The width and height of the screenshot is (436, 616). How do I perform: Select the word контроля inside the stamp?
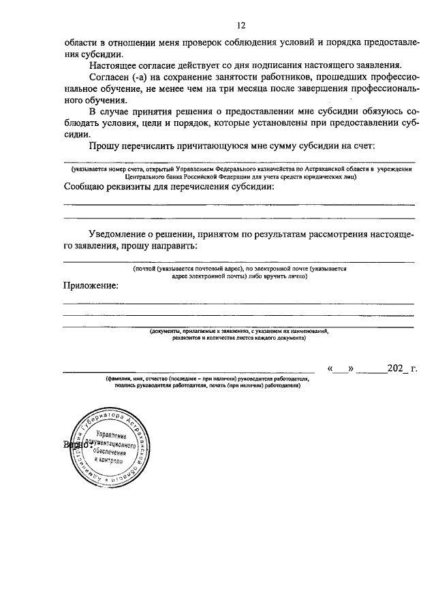(x=109, y=460)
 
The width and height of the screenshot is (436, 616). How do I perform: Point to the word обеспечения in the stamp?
(x=111, y=452)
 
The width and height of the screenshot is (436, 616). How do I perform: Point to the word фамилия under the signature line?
(x=119, y=378)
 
